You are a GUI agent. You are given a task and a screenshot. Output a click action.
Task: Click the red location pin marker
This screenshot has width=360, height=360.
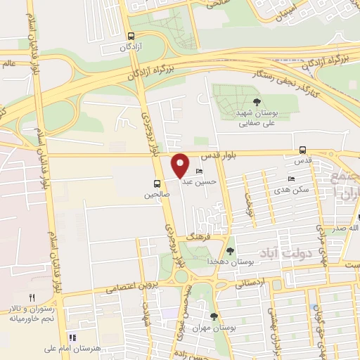coord(181,165)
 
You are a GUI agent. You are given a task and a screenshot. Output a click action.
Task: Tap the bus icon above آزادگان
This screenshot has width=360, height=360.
coord(131,37)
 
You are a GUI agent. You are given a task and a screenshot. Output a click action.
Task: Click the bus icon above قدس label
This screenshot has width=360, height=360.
coord(302,150)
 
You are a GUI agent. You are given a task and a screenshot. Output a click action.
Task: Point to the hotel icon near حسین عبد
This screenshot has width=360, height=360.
coord(200,172)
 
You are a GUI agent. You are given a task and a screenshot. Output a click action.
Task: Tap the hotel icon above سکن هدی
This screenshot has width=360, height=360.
coord(292,179)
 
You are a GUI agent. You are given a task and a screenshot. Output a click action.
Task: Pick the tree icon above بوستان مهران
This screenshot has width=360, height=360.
coord(214,316)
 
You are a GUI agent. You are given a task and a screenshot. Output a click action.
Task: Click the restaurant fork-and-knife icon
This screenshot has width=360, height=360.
coord(32,298)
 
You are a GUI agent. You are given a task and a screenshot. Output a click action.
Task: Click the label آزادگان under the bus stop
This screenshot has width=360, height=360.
coord(131,49)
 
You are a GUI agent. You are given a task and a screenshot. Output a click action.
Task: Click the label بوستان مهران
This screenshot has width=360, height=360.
coord(219,328)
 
